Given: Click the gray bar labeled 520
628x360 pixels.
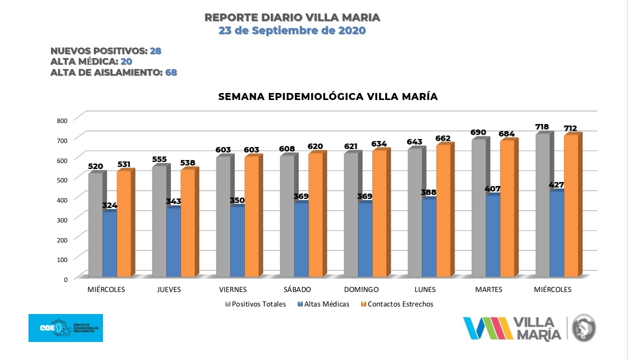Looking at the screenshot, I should (x=95, y=225).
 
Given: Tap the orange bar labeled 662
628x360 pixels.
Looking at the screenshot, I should (x=443, y=210).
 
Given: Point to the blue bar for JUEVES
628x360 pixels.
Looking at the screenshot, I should (x=173, y=242).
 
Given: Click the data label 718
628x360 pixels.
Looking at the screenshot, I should (x=542, y=127).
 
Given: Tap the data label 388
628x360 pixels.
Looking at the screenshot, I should (x=428, y=192).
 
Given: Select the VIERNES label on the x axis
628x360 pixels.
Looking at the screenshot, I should (x=233, y=289).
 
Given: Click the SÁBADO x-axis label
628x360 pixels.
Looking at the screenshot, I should (x=297, y=289).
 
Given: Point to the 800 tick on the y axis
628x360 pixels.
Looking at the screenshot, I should (x=62, y=120).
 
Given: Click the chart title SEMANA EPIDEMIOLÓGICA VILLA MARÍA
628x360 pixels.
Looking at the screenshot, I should (x=328, y=97).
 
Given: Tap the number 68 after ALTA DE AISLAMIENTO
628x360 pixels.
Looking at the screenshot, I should (x=171, y=72).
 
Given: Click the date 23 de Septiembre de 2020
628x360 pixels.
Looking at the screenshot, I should (x=292, y=30).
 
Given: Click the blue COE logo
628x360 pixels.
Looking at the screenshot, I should (x=65, y=328).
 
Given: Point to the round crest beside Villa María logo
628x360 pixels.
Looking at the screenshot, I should (x=584, y=328).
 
